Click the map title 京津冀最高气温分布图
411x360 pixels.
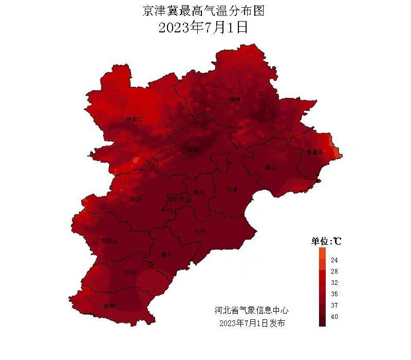(x=205, y=11)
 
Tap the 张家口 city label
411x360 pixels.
(x=133, y=120)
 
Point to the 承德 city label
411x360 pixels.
(x=235, y=99)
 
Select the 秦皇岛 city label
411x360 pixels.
(x=314, y=152)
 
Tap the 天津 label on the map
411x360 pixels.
(x=232, y=189)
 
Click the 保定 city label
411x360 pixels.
(x=136, y=199)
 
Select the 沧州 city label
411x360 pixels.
(x=200, y=231)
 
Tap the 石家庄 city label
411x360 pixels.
(x=108, y=241)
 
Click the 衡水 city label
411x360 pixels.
(x=166, y=255)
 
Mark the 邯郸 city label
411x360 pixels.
(x=109, y=305)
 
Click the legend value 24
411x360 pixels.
(x=334, y=260)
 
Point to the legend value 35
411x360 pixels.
(x=334, y=294)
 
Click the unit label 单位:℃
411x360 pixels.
(x=327, y=241)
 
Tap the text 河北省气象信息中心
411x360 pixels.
(x=251, y=311)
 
